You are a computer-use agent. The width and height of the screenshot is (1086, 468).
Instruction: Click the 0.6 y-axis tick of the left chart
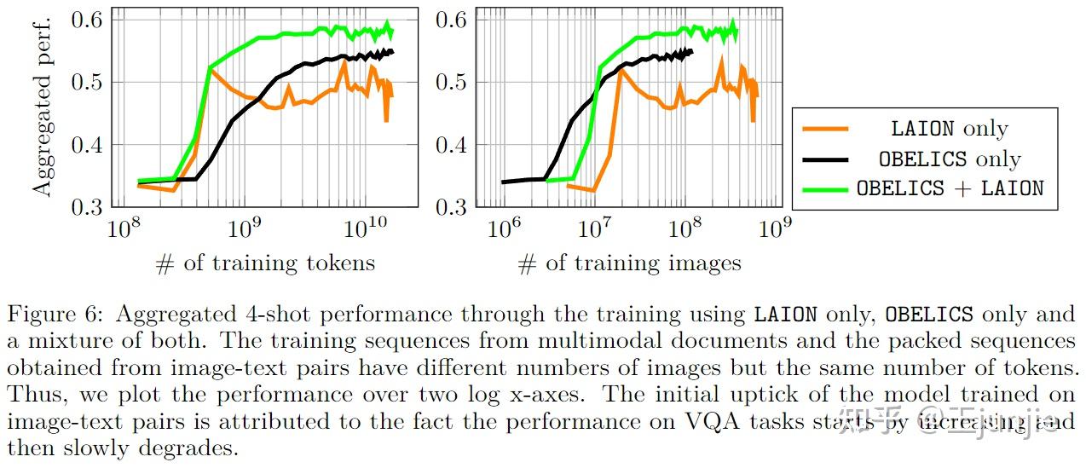coord(90,20)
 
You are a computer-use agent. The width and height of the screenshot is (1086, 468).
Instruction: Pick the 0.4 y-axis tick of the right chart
coord(451,144)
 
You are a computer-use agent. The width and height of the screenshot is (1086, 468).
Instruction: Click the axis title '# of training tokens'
coord(265,263)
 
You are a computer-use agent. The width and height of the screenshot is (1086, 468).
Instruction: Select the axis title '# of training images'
coord(629,263)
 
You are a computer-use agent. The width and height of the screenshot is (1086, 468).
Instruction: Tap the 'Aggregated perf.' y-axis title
coord(43,102)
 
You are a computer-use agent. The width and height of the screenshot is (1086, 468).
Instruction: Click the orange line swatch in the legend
coord(825,129)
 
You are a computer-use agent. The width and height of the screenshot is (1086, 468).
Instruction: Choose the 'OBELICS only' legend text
coord(950,159)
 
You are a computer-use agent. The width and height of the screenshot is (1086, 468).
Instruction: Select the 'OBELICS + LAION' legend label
coord(950,188)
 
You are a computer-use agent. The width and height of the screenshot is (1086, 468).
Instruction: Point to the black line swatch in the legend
coord(825,159)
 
